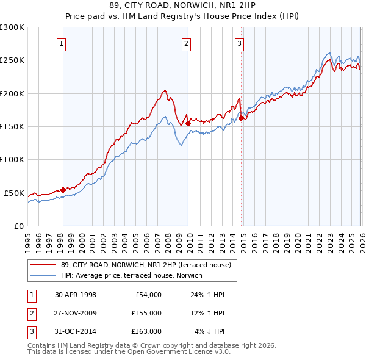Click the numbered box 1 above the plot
click(62, 43)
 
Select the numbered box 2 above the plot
click(185, 43)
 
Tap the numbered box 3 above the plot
click(239, 43)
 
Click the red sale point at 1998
click(63, 190)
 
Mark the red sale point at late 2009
click(188, 123)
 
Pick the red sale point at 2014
click(241, 118)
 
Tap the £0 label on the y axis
click(18, 226)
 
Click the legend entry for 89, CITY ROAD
click(146, 265)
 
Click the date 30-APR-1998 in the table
click(76, 295)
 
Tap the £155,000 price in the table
click(146, 313)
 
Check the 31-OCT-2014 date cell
click(76, 331)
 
